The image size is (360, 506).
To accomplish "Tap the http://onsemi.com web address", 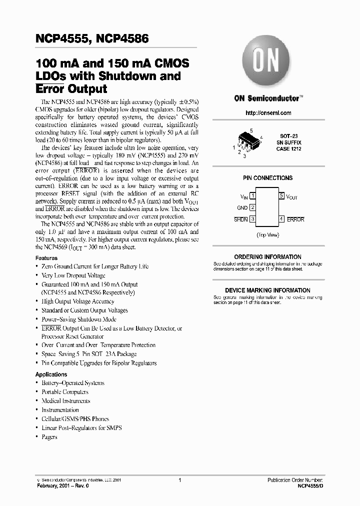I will (268, 113).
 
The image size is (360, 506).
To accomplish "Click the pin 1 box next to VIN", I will (252, 196).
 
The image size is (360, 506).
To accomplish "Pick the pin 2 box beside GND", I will (252, 207).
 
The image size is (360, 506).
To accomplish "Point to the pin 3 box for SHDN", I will (252, 219).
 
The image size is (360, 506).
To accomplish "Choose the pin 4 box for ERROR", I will (282, 219).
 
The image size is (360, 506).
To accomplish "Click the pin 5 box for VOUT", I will (282, 196).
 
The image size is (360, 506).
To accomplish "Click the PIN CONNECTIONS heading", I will (267, 178).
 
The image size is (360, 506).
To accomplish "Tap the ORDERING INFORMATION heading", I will (267, 257).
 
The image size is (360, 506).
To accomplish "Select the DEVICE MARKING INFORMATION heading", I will (267, 290).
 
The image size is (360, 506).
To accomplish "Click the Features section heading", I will (46, 258).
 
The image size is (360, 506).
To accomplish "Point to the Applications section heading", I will (51, 374).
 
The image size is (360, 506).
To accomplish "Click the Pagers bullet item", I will (49, 437).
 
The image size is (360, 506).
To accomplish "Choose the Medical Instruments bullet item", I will (65, 401).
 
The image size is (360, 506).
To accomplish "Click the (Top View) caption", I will (267, 234).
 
